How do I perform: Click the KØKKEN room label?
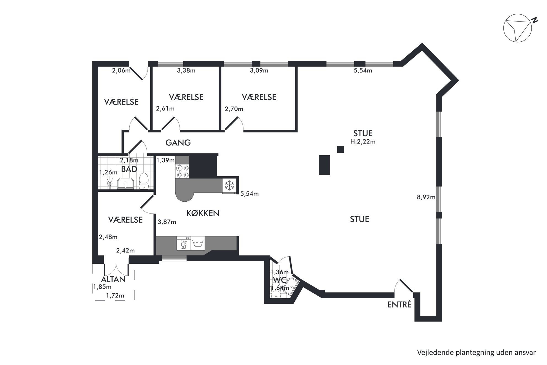point(203,213)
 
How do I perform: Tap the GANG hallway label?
point(178,143)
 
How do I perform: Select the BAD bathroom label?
point(129,169)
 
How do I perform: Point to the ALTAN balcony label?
point(113,279)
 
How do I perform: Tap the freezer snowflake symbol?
point(229,185)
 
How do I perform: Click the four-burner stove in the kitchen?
point(183,171)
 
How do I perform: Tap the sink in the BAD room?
point(126,183)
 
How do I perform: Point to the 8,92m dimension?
point(426,197)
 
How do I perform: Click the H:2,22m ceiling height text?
point(363,142)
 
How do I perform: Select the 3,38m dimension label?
point(186,70)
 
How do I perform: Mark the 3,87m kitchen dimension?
point(167,222)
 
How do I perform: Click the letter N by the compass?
point(535,20)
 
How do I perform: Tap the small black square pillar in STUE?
point(340,149)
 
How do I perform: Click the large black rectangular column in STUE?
point(325,165)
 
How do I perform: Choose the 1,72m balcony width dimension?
point(115,295)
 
